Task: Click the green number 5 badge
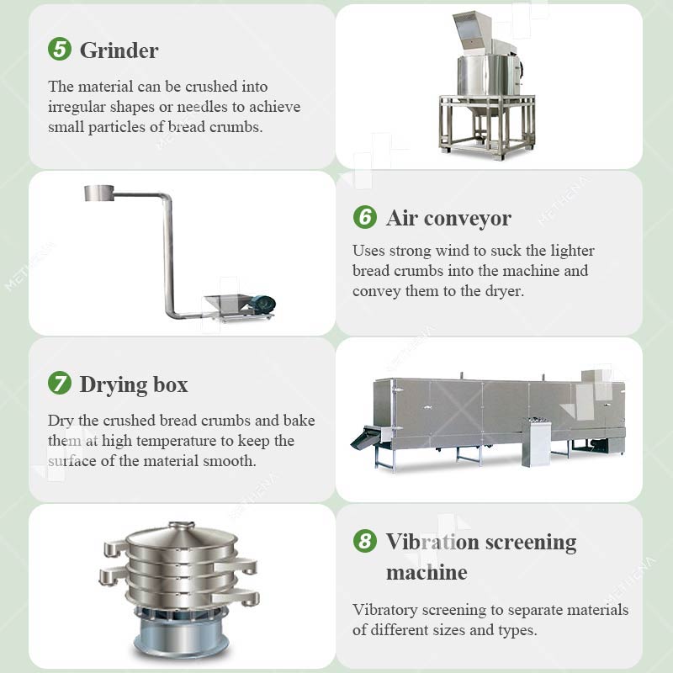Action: [60, 49]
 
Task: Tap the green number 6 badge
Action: [365, 217]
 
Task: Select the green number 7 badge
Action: [60, 383]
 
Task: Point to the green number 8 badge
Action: [365, 541]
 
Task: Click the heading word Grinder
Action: [119, 50]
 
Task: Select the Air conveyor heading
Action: [448, 218]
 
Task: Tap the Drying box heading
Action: [134, 385]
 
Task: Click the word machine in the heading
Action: [427, 573]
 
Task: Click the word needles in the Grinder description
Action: [202, 107]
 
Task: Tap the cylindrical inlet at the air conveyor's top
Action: [99, 193]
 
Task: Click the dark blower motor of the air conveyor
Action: [262, 305]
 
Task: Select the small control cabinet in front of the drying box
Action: [536, 442]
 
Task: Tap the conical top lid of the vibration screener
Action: [182, 534]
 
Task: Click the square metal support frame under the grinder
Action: [488, 126]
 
